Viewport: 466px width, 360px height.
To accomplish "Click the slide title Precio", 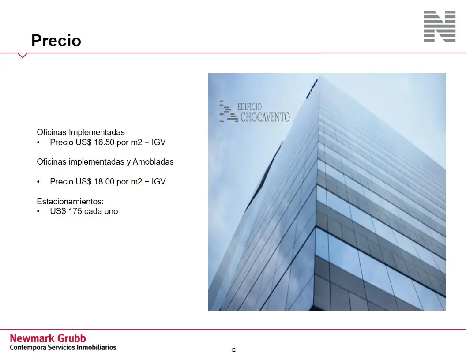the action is tap(56, 41).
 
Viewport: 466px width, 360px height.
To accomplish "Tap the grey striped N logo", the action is tap(440, 26).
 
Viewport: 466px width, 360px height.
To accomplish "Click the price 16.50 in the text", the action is tap(104, 142).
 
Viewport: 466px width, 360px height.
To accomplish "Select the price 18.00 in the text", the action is tap(104, 181).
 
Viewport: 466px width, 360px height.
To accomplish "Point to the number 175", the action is tap(75, 211).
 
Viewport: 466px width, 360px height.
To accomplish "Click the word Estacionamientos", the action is tap(70, 201).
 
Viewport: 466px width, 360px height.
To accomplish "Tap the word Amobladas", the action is tap(153, 162).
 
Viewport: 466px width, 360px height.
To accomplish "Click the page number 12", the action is tap(233, 350).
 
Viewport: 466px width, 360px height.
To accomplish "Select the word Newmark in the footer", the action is tap(32, 338).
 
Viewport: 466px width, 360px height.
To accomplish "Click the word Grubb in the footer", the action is tap(71, 338).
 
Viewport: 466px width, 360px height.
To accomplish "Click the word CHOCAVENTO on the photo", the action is tap(265, 117).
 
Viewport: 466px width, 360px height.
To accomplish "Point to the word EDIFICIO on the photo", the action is tap(249, 107).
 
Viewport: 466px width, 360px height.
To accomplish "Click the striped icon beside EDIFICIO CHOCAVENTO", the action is tap(229, 111).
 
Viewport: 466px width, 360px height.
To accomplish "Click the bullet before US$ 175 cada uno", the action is tap(38, 211).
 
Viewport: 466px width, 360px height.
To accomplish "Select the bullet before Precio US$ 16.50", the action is tap(38, 142).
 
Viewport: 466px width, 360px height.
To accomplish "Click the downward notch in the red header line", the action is tap(23, 56).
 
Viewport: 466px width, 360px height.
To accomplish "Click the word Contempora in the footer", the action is tap(28, 348).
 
